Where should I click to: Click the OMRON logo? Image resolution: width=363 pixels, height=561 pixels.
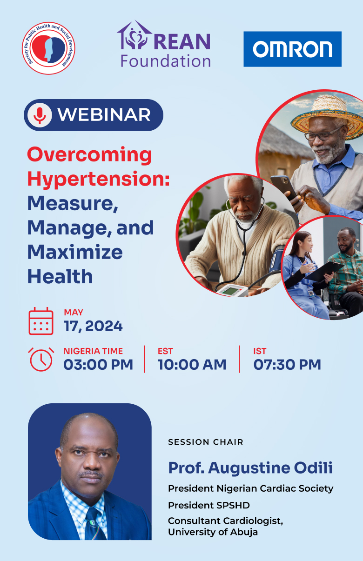(x=292, y=49)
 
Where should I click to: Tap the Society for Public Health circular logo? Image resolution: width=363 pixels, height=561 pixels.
(x=48, y=48)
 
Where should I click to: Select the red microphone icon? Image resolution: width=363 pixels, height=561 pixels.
(x=40, y=115)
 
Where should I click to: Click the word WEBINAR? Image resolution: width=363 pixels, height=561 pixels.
(x=104, y=115)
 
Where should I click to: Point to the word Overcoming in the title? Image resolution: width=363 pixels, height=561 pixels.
(x=89, y=155)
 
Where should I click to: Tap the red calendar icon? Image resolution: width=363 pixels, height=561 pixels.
(x=41, y=321)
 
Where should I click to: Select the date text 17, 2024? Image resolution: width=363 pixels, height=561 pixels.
(x=93, y=326)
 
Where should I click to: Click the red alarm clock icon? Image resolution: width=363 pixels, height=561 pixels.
(x=41, y=359)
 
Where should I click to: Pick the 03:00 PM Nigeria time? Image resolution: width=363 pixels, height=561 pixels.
(x=98, y=364)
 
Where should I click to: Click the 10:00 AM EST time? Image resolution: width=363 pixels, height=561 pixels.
(x=192, y=364)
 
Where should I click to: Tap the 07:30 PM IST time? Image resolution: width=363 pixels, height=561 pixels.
(x=287, y=364)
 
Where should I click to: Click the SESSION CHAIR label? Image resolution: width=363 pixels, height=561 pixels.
(x=205, y=442)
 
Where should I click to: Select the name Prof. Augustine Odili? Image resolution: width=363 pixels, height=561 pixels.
(x=250, y=467)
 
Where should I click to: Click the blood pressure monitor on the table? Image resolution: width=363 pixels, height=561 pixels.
(x=232, y=291)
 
